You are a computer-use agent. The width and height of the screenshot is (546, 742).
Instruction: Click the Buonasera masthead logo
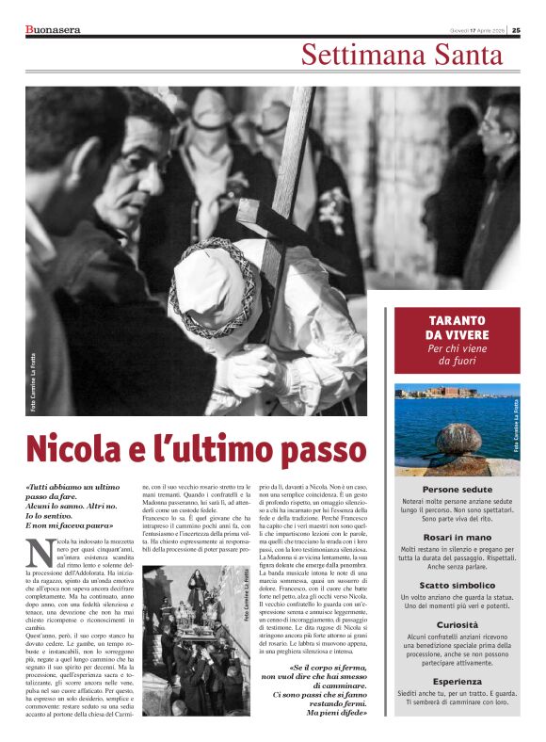pyautogui.click(x=54, y=28)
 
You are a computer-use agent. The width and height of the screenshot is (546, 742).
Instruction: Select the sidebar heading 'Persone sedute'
pyautogui.click(x=457, y=490)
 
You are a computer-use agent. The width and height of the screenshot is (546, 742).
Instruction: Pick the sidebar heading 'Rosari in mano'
pyautogui.click(x=457, y=537)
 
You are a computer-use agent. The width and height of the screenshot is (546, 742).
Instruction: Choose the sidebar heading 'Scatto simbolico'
pyautogui.click(x=457, y=585)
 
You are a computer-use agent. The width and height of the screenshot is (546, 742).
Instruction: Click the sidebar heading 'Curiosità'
pyautogui.click(x=457, y=625)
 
